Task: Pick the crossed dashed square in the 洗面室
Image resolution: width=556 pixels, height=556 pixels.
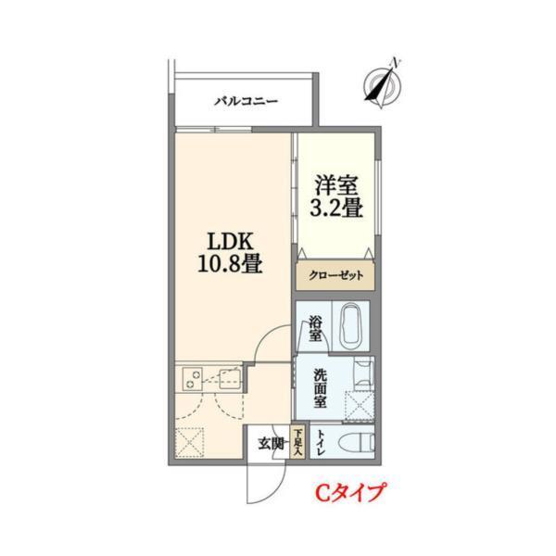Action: (x=358, y=405)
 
